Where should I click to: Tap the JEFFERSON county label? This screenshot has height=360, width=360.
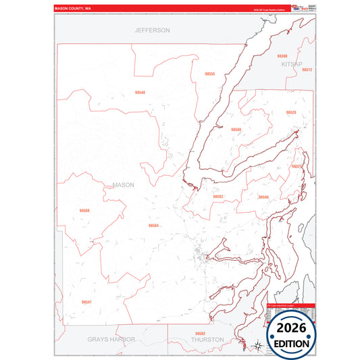(x=152, y=30)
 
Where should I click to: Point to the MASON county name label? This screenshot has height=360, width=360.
(x=124, y=184)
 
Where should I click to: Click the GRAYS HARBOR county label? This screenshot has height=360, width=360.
(x=111, y=339)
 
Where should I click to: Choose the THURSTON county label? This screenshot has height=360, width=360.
(x=207, y=340)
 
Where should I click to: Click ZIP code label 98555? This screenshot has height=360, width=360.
(x=209, y=74)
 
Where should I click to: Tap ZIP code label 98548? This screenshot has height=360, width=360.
(x=140, y=92)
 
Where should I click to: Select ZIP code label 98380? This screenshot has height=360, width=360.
(x=282, y=56)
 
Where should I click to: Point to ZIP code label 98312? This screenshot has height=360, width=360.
(x=307, y=70)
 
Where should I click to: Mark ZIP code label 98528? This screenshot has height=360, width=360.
(x=291, y=112)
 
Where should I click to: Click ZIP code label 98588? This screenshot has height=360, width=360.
(x=236, y=129)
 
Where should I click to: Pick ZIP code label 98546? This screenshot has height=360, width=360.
(x=263, y=197)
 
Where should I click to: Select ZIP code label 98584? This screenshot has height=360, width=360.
(x=154, y=226)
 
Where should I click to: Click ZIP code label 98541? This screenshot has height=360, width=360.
(x=86, y=302)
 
